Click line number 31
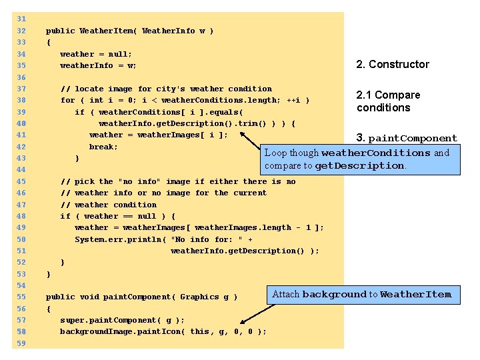point(22,19)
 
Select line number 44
point(22,170)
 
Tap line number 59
point(22,343)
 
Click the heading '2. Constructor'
point(393,65)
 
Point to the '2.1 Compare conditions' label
point(388,101)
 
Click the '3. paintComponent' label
point(407,139)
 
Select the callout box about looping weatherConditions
point(360,159)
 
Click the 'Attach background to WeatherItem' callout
point(362,294)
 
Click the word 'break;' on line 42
point(103,147)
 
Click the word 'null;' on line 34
point(120,54)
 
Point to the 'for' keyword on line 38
point(67,100)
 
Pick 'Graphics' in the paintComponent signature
point(199,297)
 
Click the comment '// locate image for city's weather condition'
point(166,89)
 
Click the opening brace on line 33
point(48,43)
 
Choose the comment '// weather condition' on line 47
point(108,205)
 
